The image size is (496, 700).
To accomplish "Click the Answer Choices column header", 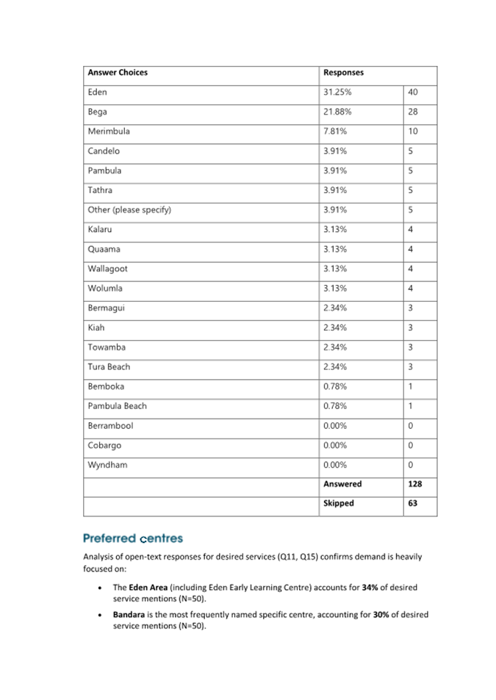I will pos(118,73).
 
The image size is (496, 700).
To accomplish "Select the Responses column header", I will pos(343,73).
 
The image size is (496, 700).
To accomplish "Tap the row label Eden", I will pos(97,93).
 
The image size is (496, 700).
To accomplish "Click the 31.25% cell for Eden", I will pos(337,93).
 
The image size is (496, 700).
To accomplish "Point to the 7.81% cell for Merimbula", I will pos(335,131).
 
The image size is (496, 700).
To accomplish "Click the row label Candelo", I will pos(104,151).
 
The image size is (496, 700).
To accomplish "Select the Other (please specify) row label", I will pos(129,210).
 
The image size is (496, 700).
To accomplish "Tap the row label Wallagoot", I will pos(107,269).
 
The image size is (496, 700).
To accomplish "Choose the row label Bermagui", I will pos(106,308).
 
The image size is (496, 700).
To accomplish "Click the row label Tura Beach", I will pos(109,367).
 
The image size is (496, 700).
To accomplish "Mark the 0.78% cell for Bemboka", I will pos(335,386).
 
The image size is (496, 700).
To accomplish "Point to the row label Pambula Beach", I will pos(117,406).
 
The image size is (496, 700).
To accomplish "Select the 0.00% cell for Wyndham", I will pos(335,465).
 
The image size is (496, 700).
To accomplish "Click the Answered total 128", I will pos(414,484).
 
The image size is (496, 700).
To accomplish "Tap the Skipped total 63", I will pos(412,503).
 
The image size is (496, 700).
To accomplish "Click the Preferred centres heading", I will pos(133,538).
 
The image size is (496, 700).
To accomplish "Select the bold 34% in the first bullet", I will pos(370,588).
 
